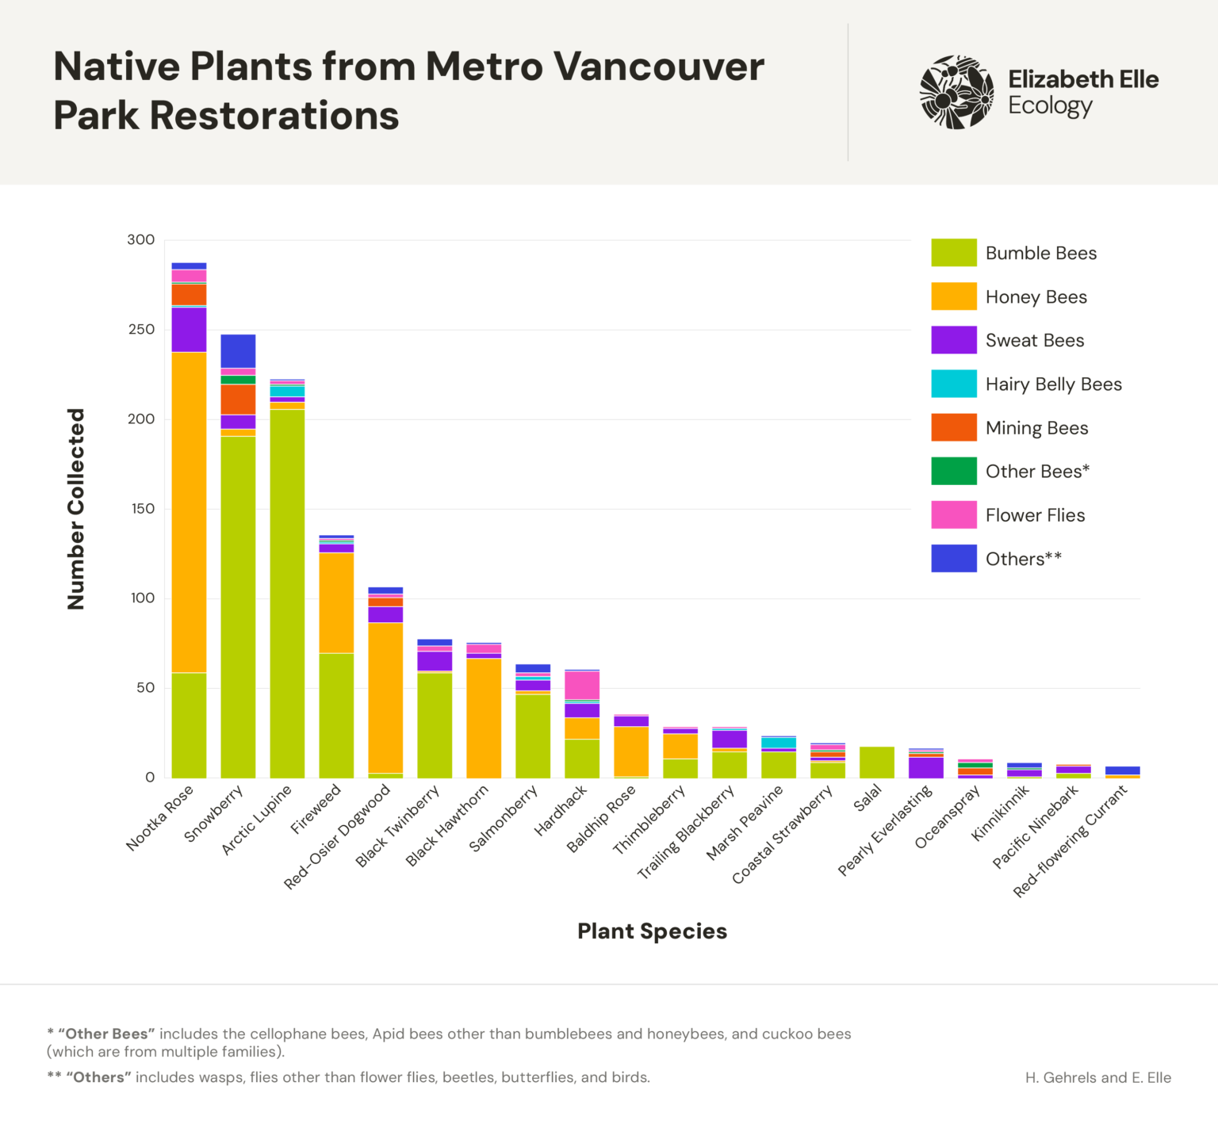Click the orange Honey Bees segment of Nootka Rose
[189, 512]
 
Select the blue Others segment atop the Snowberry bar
[238, 351]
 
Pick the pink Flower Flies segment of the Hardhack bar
[582, 686]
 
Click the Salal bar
[877, 763]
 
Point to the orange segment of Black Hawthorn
[484, 718]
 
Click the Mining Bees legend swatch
[954, 428]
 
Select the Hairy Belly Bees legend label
[1054, 384]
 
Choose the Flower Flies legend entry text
[1035, 515]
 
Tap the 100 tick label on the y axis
[143, 598]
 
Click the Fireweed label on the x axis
[316, 809]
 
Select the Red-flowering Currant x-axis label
[1071, 842]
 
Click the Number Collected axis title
[76, 509]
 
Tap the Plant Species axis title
[652, 931]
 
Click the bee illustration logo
[957, 92]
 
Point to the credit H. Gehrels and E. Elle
[1097, 1078]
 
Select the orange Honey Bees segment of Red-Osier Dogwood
[385, 698]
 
